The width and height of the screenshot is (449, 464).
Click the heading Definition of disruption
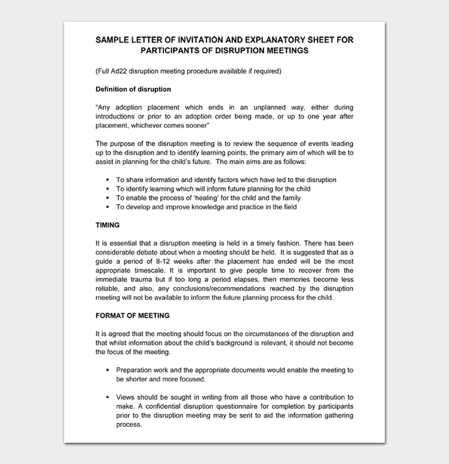tap(133, 89)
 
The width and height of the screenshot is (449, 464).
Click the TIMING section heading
tap(108, 226)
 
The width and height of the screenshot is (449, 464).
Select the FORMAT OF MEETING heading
tap(132, 315)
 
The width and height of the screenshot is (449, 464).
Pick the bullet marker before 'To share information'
tap(108, 180)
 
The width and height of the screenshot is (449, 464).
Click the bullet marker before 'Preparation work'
tap(108, 370)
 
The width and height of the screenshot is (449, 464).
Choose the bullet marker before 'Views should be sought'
tap(108, 397)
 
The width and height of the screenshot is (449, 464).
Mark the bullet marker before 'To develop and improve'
tap(108, 207)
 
